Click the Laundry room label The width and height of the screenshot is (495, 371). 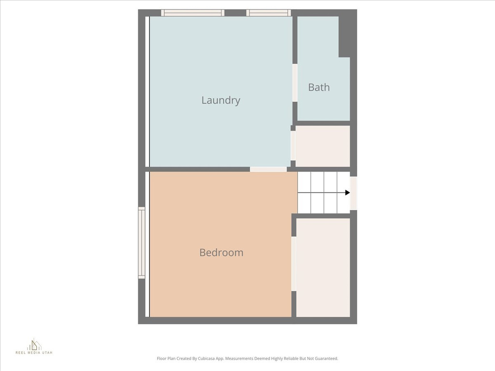pyautogui.click(x=220, y=100)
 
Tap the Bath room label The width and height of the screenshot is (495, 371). pyautogui.click(x=319, y=87)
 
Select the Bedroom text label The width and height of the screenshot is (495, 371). pyautogui.click(x=221, y=253)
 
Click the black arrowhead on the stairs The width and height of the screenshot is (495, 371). pyautogui.click(x=348, y=193)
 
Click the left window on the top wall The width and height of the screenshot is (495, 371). pyautogui.click(x=192, y=13)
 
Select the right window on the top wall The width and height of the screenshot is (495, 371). pyautogui.click(x=269, y=13)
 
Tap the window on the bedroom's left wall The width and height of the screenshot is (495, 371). pyautogui.click(x=142, y=243)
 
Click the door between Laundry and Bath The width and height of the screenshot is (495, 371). pyautogui.click(x=295, y=83)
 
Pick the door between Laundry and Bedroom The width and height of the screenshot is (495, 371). pyautogui.click(x=268, y=169)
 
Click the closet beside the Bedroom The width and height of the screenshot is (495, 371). pyautogui.click(x=323, y=267)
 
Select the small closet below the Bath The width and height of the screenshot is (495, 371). pyautogui.click(x=322, y=146)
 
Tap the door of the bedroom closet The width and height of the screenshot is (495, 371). pyautogui.click(x=294, y=263)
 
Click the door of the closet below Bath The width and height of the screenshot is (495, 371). pyautogui.click(x=293, y=145)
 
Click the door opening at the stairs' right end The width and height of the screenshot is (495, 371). pyautogui.click(x=353, y=193)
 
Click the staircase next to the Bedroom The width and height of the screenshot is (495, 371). pyautogui.click(x=323, y=193)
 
